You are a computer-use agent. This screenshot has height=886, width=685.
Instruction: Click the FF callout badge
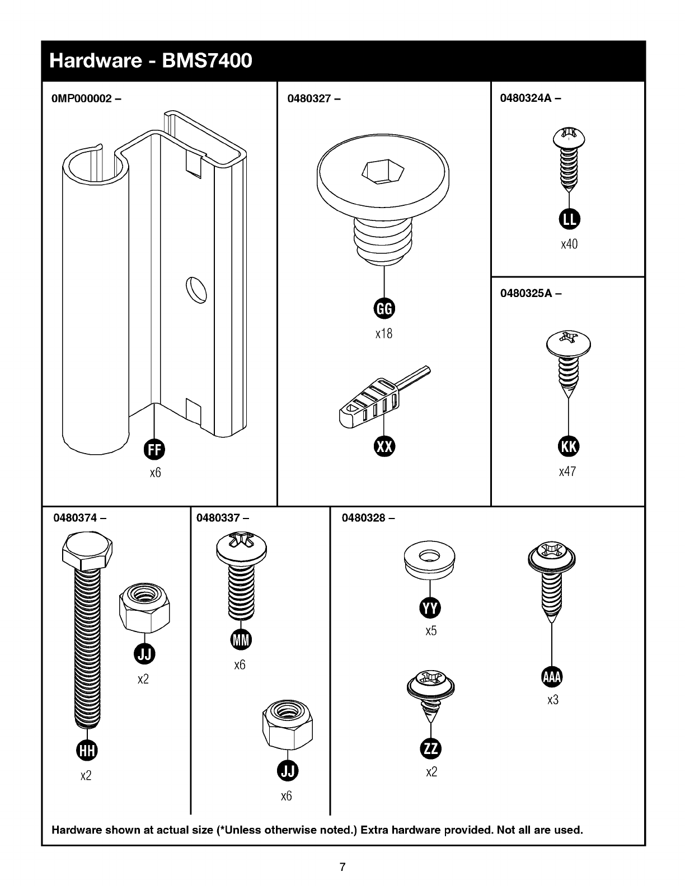pyautogui.click(x=154, y=450)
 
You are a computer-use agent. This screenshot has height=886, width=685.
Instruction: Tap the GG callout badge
pyautogui.click(x=384, y=309)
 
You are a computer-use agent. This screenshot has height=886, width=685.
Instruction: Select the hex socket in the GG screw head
pyautogui.click(x=383, y=172)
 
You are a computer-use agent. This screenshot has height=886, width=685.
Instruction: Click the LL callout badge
pyautogui.click(x=569, y=219)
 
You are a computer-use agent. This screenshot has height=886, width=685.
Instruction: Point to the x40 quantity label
pyautogui.click(x=569, y=244)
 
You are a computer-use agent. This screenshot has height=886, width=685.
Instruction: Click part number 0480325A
pyautogui.click(x=526, y=293)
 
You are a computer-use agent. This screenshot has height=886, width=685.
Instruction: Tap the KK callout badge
pyautogui.click(x=569, y=446)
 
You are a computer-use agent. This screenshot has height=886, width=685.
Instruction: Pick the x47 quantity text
pyautogui.click(x=567, y=472)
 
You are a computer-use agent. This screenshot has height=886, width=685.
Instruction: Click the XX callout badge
pyautogui.click(x=384, y=446)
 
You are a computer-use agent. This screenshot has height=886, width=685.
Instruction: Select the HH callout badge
pyautogui.click(x=87, y=751)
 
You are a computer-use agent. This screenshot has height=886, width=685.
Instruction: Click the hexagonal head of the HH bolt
pyautogui.click(x=87, y=550)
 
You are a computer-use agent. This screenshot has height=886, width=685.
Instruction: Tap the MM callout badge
pyautogui.click(x=241, y=640)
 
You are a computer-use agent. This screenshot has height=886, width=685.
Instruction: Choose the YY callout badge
pyautogui.click(x=430, y=609)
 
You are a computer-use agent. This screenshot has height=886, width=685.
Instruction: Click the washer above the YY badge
pyautogui.click(x=430, y=560)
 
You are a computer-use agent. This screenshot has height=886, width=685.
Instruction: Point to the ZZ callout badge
pyautogui.click(x=430, y=749)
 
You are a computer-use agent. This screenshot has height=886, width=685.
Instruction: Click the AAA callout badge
pyautogui.click(x=552, y=677)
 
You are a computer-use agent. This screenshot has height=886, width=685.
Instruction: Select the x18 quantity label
pyautogui.click(x=384, y=333)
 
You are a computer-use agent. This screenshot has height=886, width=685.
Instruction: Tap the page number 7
pyautogui.click(x=342, y=866)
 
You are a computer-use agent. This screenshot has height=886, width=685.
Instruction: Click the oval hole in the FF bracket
pyautogui.click(x=196, y=290)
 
